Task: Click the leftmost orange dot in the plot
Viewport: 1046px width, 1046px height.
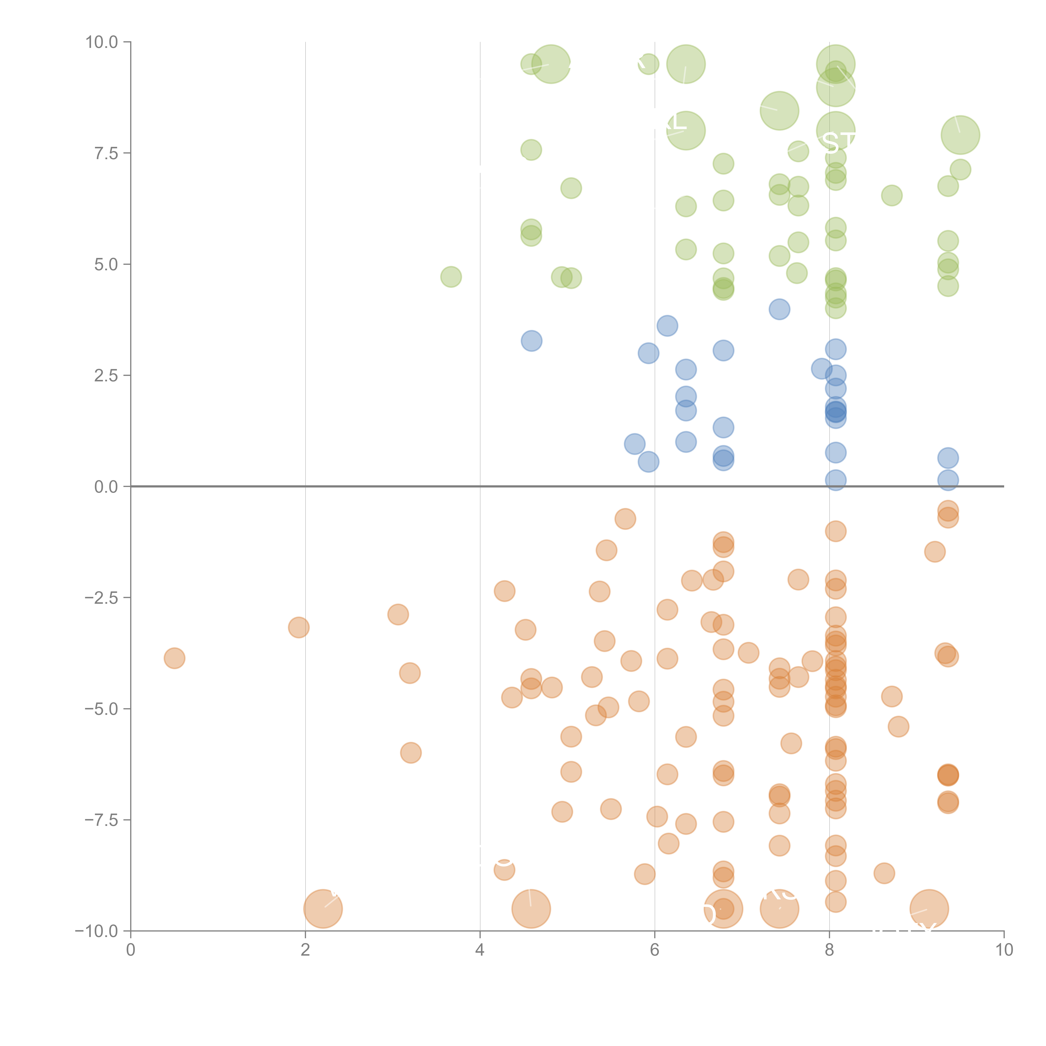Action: (174, 658)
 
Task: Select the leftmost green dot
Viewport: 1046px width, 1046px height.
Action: (451, 277)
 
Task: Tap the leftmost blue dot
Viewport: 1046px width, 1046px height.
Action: (532, 341)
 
